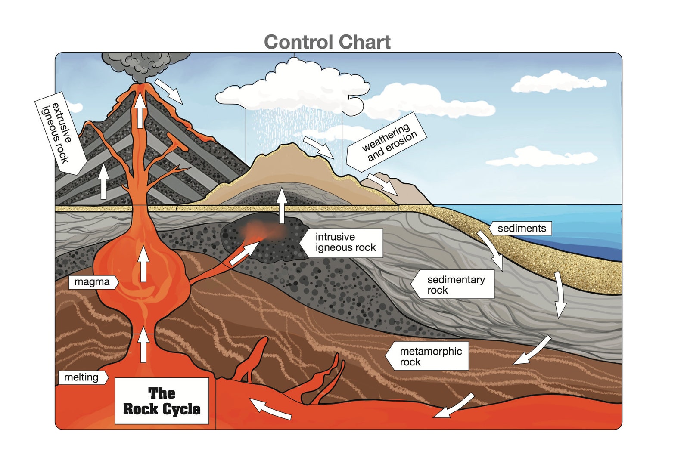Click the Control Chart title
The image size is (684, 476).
click(x=327, y=42)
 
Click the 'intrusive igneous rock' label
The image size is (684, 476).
click(x=345, y=242)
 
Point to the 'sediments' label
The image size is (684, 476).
click(x=521, y=229)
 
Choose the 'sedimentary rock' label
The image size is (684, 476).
click(x=455, y=285)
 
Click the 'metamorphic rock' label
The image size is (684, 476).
click(x=430, y=356)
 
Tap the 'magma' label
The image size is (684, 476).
click(x=92, y=282)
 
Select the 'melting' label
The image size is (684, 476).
click(x=81, y=377)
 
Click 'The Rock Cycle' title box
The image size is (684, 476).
click(x=162, y=401)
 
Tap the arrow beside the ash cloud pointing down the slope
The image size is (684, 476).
click(x=168, y=91)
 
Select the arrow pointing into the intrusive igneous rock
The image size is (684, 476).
click(x=244, y=253)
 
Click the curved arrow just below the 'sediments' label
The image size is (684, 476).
click(x=492, y=249)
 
